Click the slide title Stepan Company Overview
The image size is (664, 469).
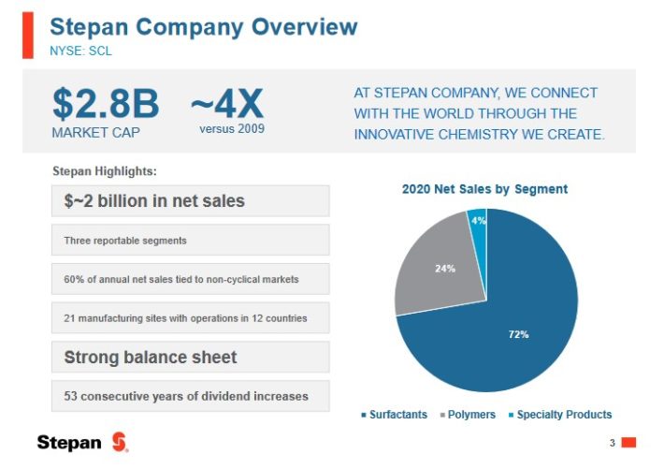(x=203, y=25)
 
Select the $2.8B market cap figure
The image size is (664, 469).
(x=105, y=104)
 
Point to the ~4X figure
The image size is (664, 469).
(x=227, y=101)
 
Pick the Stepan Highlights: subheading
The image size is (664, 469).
(x=105, y=171)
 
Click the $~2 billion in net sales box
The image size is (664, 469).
(x=190, y=200)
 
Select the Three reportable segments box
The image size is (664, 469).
(x=190, y=240)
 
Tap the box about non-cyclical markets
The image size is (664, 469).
(x=190, y=279)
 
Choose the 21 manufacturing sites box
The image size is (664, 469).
(x=190, y=318)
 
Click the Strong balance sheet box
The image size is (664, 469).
(x=190, y=357)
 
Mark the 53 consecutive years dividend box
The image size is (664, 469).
(x=190, y=396)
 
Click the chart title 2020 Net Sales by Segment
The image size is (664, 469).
(x=484, y=189)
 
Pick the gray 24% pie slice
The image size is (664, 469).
(x=435, y=267)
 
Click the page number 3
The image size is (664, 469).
(x=612, y=442)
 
